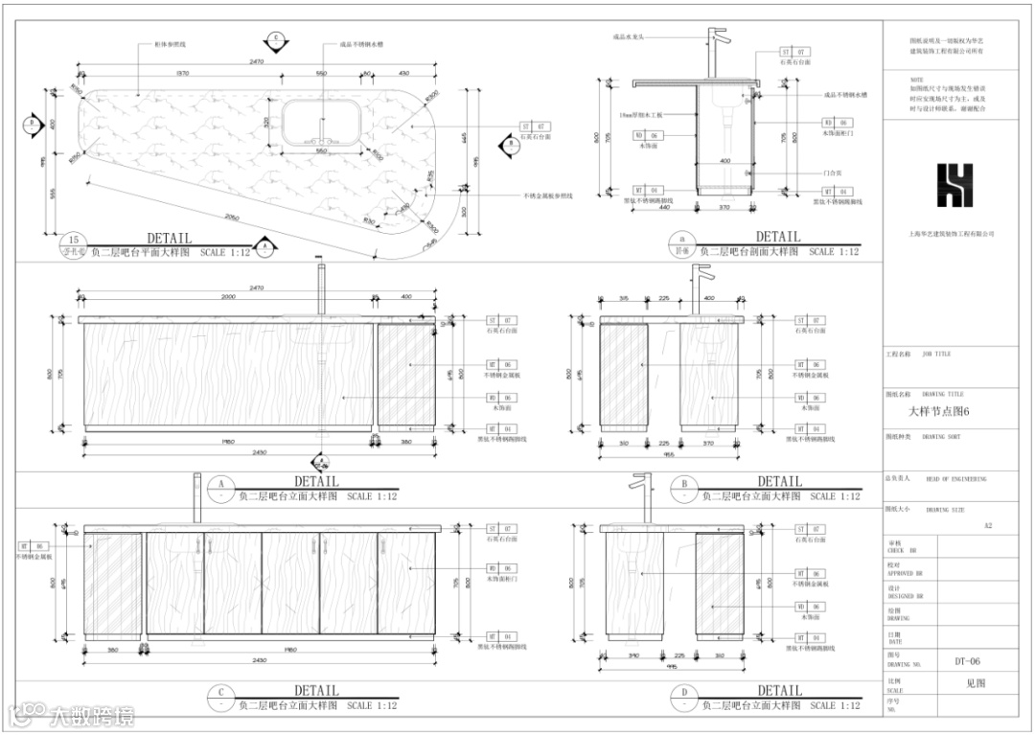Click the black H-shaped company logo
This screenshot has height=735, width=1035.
[x=954, y=186]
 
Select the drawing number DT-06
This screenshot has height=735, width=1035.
[x=968, y=661]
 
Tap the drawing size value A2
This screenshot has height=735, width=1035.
[x=989, y=525]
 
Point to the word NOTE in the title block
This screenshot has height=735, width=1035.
[x=917, y=80]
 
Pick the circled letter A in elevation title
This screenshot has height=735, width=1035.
[x=220, y=485]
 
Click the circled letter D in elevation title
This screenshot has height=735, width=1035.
[x=684, y=693]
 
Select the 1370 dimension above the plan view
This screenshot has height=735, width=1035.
[x=182, y=74]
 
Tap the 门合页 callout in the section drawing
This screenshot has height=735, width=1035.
[x=831, y=172]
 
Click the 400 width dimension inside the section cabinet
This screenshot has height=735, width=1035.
[x=725, y=161]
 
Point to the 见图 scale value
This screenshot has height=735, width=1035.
[x=976, y=684]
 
